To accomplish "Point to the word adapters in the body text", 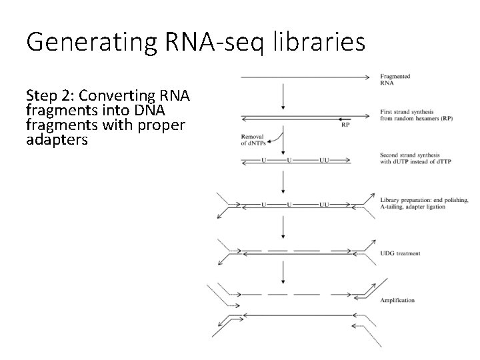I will pyautogui.click(x=57, y=141).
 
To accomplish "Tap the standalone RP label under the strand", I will pyautogui.click(x=345, y=125).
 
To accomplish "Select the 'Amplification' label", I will pyautogui.click(x=397, y=301).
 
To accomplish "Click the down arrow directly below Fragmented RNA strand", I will pyautogui.click(x=285, y=97).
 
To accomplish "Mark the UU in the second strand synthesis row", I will pyautogui.click(x=323, y=161).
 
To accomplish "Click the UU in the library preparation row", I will pyautogui.click(x=323, y=204).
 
